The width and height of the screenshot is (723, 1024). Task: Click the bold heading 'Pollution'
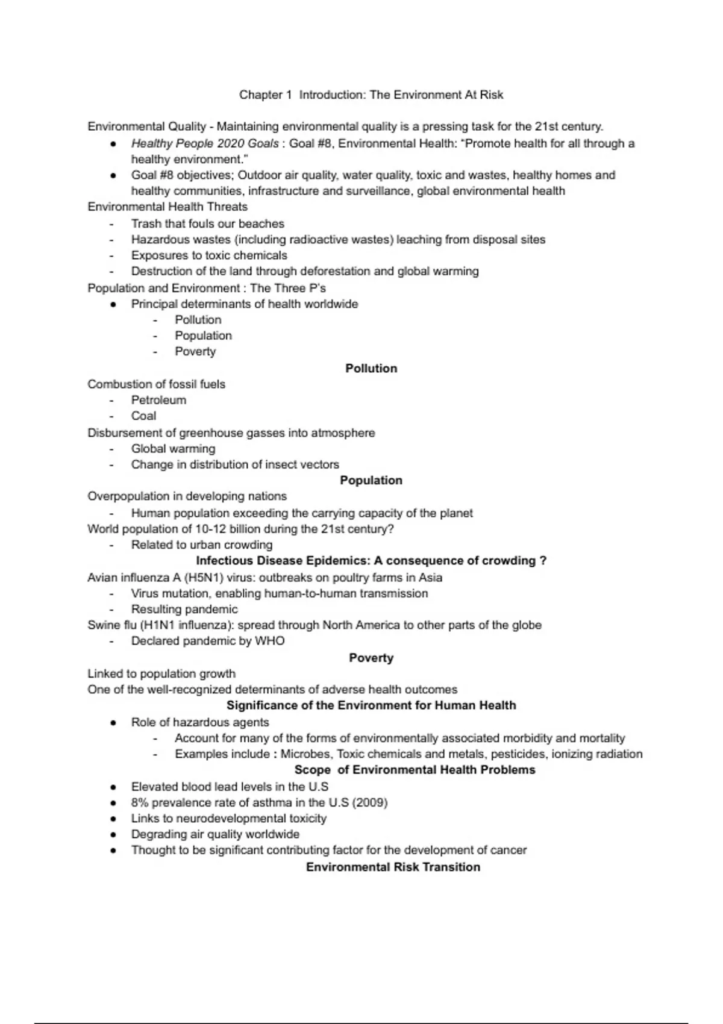click(x=371, y=368)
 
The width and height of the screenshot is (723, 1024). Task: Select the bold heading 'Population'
click(x=371, y=480)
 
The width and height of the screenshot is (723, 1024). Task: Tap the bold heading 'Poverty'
click(x=371, y=658)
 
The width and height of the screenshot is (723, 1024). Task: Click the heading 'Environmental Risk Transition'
click(x=393, y=867)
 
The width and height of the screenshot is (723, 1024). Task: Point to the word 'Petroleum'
click(x=158, y=400)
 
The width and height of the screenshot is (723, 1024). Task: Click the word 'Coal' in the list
click(x=143, y=416)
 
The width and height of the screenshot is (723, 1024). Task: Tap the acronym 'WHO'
click(x=269, y=641)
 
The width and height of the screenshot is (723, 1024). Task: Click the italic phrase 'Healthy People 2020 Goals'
click(x=205, y=143)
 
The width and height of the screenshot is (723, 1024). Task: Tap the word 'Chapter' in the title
click(x=260, y=95)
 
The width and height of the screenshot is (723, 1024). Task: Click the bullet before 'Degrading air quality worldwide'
click(x=113, y=835)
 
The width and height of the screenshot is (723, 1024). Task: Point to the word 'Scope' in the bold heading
click(x=312, y=770)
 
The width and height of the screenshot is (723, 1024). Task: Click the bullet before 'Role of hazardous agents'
click(x=113, y=723)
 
